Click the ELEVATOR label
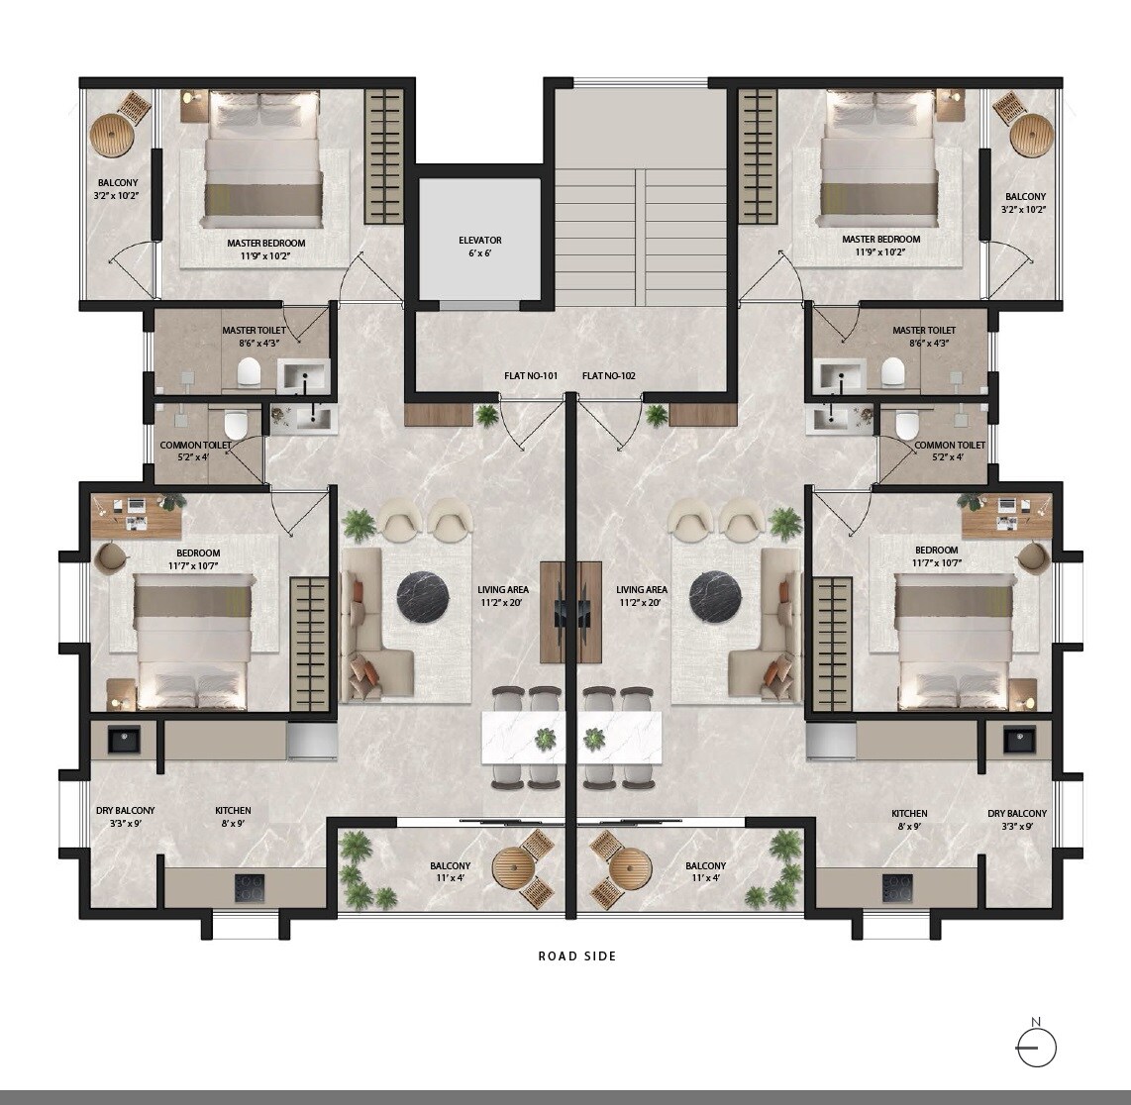(480, 241)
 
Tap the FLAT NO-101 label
(531, 376)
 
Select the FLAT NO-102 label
(609, 376)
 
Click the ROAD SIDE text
(577, 956)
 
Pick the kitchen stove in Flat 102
(898, 888)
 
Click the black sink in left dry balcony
(124, 740)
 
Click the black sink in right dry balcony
(1019, 740)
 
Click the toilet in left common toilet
(235, 426)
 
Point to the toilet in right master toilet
(894, 372)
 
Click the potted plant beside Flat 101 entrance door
(487, 416)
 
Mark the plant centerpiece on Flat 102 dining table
(594, 739)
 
